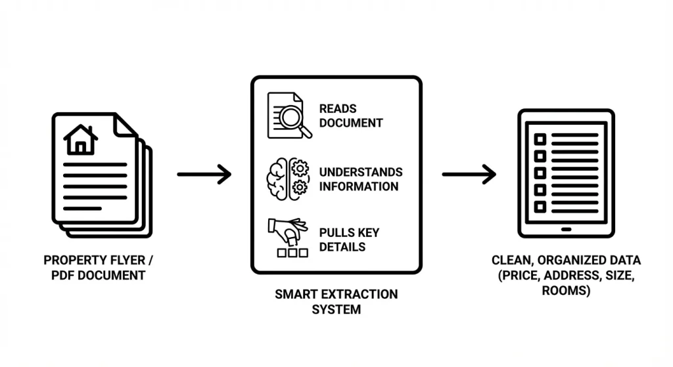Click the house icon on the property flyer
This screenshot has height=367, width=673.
pos(81,139)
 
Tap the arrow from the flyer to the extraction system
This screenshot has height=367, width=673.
pos(204,175)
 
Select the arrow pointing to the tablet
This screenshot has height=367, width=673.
pos(469,175)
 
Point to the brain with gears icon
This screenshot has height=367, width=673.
pos(287,179)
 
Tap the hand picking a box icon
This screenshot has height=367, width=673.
pos(287,237)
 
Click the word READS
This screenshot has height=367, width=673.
pos(338,108)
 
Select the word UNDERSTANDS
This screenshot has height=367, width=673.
pos(361,172)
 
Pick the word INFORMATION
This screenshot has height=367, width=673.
pos(359,186)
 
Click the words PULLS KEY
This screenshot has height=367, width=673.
pos(349,232)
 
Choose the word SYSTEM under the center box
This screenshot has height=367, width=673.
pos(336,309)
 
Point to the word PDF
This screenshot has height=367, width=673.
pos(64,274)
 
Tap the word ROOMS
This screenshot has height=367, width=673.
pos(566,290)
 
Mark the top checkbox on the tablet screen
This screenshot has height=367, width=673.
pos(540,140)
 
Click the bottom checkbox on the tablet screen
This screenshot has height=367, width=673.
pos(540,207)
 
